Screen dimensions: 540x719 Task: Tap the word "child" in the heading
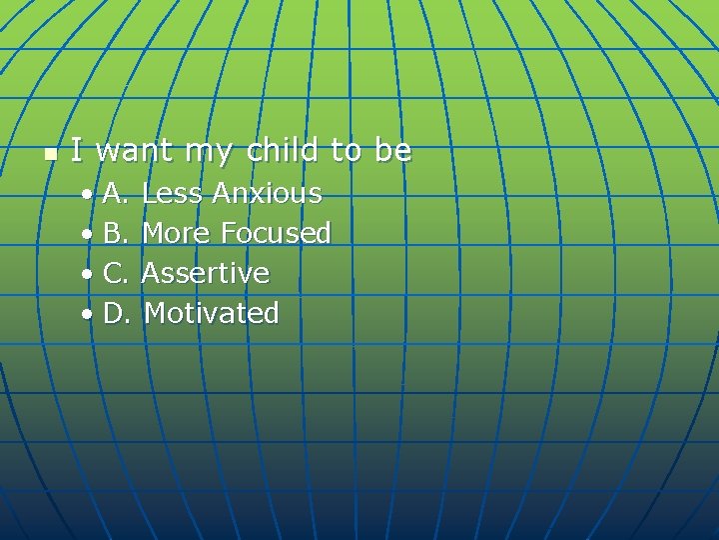tap(283, 150)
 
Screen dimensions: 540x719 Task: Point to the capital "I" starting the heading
tap(76, 150)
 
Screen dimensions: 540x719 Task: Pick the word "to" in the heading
tap(346, 151)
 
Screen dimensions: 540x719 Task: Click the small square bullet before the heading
tap(51, 154)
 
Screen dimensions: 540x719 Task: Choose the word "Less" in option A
tap(172, 193)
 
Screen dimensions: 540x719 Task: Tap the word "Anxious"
tap(267, 193)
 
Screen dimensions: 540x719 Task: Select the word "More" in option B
tap(176, 233)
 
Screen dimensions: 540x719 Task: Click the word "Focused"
tap(276, 233)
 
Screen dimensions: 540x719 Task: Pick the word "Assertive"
tap(206, 273)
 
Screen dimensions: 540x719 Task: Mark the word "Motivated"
tap(212, 313)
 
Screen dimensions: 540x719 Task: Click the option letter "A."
tap(115, 193)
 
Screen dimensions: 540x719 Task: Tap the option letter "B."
tap(115, 233)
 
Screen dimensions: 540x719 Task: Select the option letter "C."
tap(115, 273)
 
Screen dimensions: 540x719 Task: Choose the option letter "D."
tap(116, 313)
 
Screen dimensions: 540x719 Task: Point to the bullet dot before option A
tap(89, 194)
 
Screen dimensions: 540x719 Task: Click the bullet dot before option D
tap(89, 314)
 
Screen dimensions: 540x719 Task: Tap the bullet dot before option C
tap(89, 274)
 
